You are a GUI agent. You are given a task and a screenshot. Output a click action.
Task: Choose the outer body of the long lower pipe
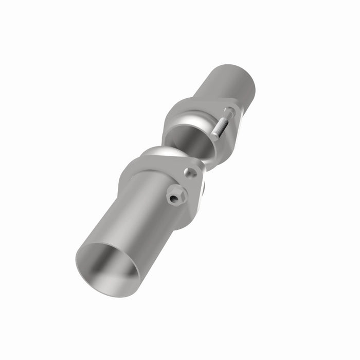point(134,221)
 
